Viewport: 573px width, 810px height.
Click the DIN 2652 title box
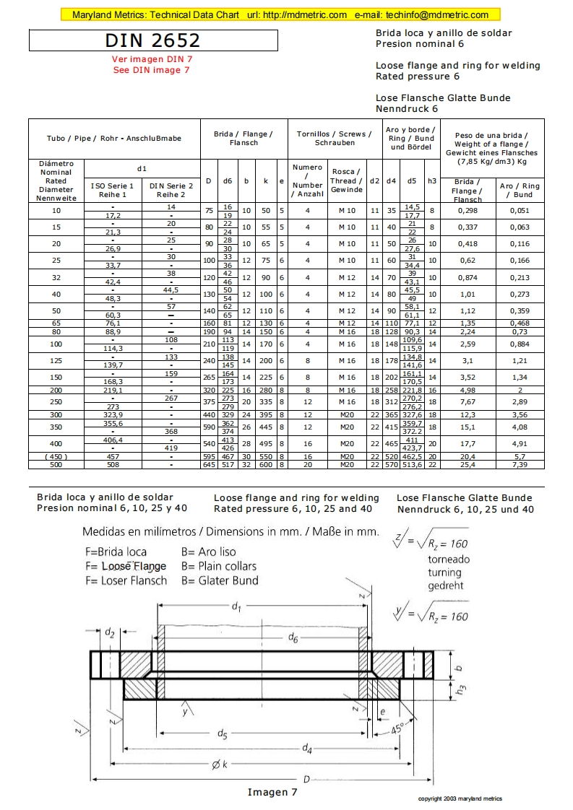click(152, 40)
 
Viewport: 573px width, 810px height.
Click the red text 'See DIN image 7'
click(152, 70)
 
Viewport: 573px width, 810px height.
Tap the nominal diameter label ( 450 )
click(56, 456)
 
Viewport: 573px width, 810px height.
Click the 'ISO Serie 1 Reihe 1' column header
click(113, 190)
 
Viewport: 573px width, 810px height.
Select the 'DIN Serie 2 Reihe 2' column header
click(171, 190)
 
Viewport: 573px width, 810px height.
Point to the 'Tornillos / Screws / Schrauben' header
click(335, 138)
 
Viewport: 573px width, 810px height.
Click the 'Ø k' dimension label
click(221, 765)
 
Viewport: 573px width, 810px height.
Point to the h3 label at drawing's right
click(462, 690)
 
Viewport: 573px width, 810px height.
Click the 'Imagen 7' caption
click(272, 792)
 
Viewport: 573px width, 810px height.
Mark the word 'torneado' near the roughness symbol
click(449, 559)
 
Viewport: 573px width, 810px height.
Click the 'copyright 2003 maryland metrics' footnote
click(460, 798)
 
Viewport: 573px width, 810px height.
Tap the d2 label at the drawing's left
click(110, 632)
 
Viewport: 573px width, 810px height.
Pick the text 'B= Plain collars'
click(219, 566)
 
